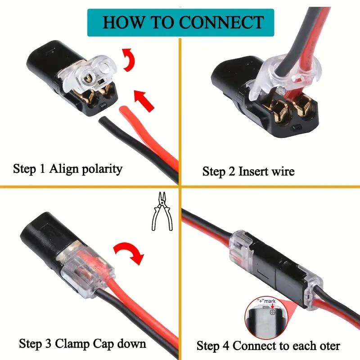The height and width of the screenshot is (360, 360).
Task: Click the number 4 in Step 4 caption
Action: tap(227, 346)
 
